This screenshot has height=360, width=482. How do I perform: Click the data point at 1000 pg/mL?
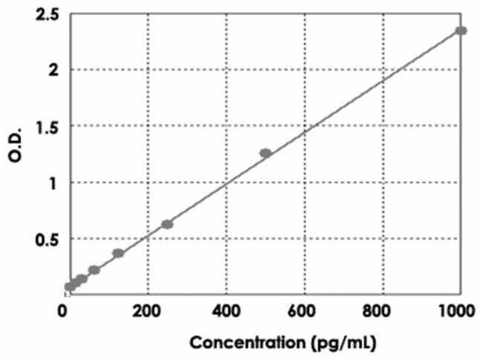point(460,30)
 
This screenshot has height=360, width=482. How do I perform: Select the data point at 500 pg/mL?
point(265,153)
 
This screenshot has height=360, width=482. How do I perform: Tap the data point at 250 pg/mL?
point(167,224)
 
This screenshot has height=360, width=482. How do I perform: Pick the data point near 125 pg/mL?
point(118,253)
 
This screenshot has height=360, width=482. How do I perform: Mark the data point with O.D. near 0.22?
point(94,270)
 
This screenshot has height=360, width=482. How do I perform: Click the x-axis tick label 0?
point(65,310)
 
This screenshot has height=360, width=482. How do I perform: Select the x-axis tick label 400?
point(226,310)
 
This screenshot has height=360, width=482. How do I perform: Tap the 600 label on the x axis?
point(304,310)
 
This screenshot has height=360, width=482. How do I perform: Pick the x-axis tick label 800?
point(382,310)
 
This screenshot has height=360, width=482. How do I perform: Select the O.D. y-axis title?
point(17,154)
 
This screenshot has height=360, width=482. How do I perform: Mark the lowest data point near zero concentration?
point(70,287)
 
